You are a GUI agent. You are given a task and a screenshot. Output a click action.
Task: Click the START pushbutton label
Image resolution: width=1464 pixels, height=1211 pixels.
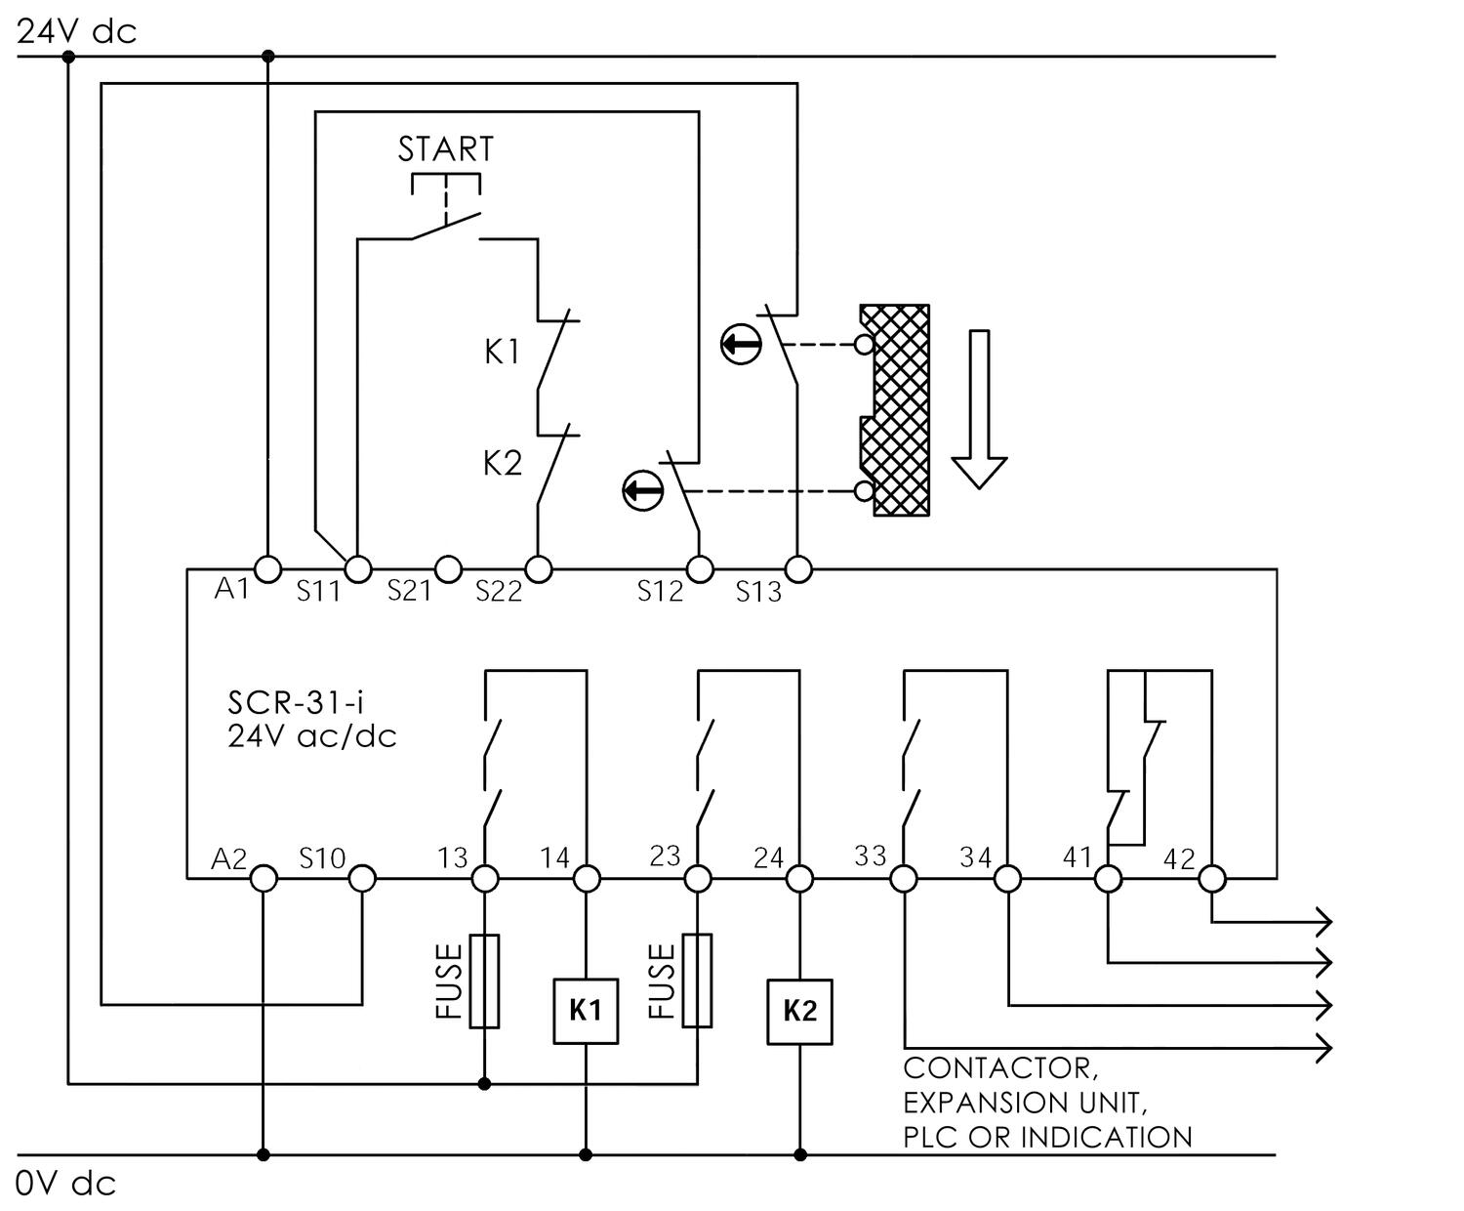coord(445,149)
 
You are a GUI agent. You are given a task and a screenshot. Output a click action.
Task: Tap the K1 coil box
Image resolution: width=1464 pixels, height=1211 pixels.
coord(586,1011)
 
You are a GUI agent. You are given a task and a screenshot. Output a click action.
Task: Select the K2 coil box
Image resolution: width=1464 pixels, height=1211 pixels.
coord(799,1011)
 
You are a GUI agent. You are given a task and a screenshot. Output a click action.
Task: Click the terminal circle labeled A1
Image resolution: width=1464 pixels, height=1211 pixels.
coord(266,568)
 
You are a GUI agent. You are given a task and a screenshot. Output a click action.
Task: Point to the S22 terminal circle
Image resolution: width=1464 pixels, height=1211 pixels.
coord(538,568)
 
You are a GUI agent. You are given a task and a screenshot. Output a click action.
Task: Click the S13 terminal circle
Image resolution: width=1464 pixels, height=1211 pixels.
coord(798,568)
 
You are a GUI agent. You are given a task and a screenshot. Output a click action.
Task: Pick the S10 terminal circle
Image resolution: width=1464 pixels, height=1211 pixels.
coord(362,879)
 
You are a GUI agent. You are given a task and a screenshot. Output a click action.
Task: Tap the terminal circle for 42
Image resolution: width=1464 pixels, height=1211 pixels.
coord(1211,879)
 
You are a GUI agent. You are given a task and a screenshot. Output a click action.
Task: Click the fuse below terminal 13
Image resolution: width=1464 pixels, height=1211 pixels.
coord(485,981)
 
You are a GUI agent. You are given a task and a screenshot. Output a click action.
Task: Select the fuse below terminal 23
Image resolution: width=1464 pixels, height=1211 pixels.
coord(697,981)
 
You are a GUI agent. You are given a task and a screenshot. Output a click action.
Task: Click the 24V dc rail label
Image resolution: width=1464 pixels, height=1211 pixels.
coord(77,31)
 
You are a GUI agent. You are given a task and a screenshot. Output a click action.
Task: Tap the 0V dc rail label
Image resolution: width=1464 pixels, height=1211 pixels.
coord(66,1184)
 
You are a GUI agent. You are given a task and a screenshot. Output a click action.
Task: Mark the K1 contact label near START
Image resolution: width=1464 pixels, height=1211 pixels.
coord(502,352)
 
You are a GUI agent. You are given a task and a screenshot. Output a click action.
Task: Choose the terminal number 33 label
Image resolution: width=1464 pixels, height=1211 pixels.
coord(870,856)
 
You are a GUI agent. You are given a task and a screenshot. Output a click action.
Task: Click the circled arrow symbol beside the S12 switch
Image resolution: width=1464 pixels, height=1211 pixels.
coord(642,489)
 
